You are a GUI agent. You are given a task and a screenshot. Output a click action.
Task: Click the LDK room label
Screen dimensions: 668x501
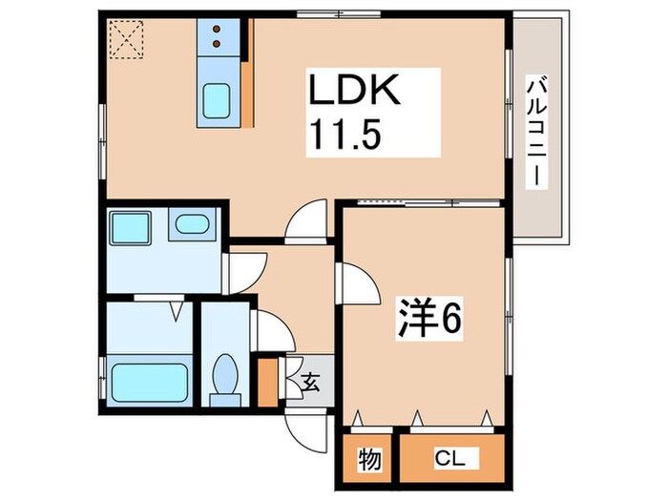point(353,90)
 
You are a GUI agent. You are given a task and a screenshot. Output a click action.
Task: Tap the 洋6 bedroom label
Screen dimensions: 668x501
point(429,319)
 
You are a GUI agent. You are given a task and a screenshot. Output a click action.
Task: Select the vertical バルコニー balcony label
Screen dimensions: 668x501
point(536,132)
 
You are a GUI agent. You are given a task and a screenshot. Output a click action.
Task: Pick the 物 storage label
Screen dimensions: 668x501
point(369,460)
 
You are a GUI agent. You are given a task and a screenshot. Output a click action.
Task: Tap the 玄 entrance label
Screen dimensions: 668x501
point(310,382)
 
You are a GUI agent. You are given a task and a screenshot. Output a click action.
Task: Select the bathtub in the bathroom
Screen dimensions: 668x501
point(150,383)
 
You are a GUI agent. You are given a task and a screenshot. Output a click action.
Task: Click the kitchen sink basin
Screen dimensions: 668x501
point(217,101)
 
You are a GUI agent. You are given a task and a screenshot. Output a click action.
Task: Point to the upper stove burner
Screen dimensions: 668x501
point(217,29)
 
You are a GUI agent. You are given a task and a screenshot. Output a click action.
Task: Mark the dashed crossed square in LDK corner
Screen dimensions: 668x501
point(127,39)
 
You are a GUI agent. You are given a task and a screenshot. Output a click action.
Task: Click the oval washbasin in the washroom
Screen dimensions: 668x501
point(192,224)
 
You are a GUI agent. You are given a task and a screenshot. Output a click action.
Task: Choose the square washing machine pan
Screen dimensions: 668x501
point(131,228)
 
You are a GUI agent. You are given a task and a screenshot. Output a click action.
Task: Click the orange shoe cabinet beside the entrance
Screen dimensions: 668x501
point(268,383)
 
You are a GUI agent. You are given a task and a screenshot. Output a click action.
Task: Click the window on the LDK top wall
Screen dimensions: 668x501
point(339,14)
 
